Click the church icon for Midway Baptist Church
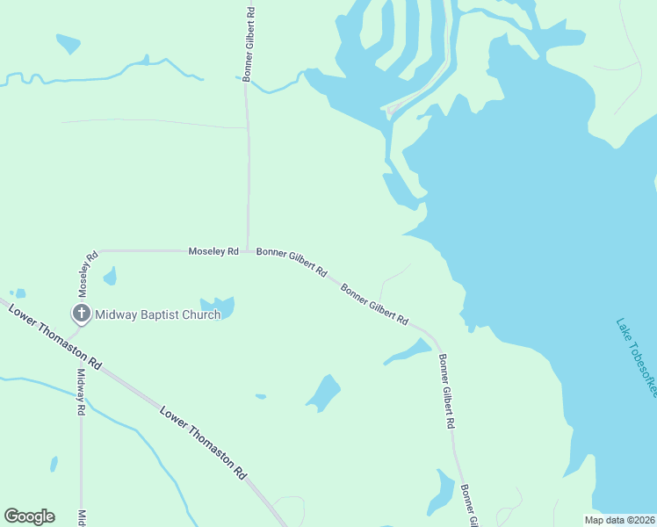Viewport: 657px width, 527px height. [81, 314]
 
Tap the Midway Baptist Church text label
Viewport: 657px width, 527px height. [157, 314]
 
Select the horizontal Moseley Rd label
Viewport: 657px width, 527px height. [213, 251]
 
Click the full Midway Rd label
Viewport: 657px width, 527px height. [80, 391]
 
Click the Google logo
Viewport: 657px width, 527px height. [29, 516]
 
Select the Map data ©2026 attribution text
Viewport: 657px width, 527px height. [620, 519]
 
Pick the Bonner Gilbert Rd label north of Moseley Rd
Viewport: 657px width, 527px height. [250, 45]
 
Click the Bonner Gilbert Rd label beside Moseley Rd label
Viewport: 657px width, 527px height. [292, 262]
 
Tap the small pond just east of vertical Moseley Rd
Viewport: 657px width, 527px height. [110, 277]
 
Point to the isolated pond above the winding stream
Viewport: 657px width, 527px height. [68, 42]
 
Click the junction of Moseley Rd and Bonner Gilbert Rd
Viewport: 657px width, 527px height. [247, 251]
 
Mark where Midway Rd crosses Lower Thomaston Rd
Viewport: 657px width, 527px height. [80, 354]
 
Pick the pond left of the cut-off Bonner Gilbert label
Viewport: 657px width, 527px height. [441, 494]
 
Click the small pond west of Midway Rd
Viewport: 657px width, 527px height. [54, 464]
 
